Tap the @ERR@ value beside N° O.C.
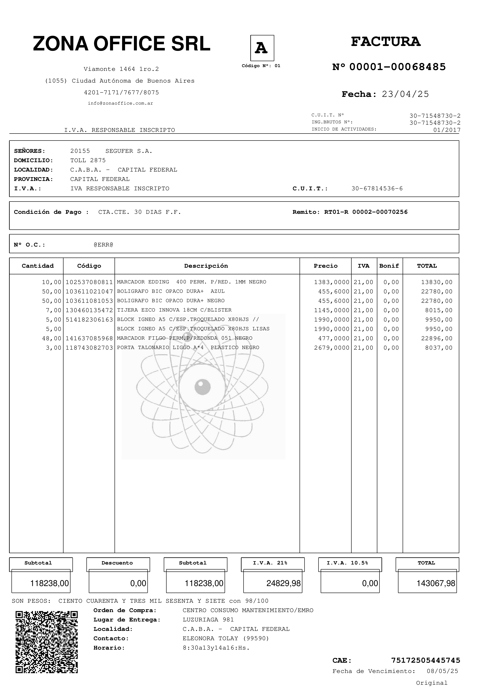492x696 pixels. coord(103,245)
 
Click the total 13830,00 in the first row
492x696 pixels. coord(437,282)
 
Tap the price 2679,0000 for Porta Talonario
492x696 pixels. coord(331,348)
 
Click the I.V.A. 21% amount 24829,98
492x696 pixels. coord(283,583)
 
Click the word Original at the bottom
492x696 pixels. coord(431,683)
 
